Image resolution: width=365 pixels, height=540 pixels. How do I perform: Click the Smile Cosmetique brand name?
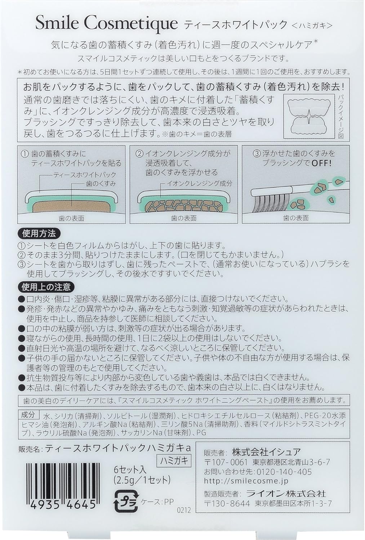[107, 24]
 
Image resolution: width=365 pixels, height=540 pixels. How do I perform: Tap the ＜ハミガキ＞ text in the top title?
[312, 25]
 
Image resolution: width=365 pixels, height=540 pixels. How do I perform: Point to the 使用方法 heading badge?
[39, 234]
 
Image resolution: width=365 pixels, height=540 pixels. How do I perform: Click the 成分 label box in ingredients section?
[28, 414]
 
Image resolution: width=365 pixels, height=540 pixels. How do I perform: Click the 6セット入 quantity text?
[130, 469]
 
